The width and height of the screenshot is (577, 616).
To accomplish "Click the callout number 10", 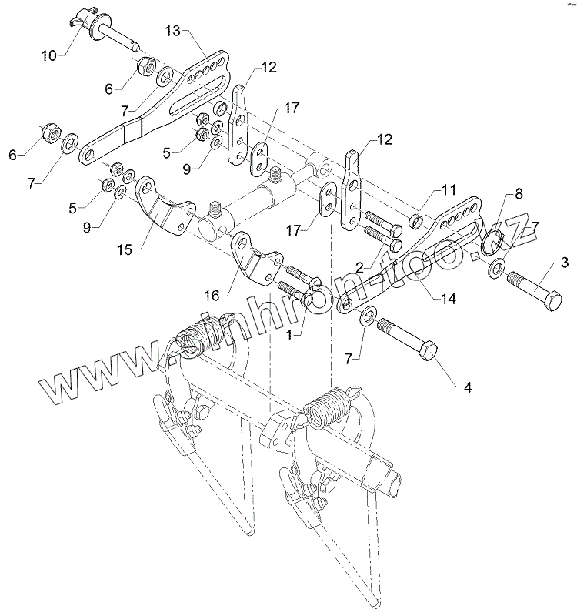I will point(48,55).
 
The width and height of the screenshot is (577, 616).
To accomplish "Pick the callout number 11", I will point(449,189).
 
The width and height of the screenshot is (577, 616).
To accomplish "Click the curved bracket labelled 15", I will point(166,206).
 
